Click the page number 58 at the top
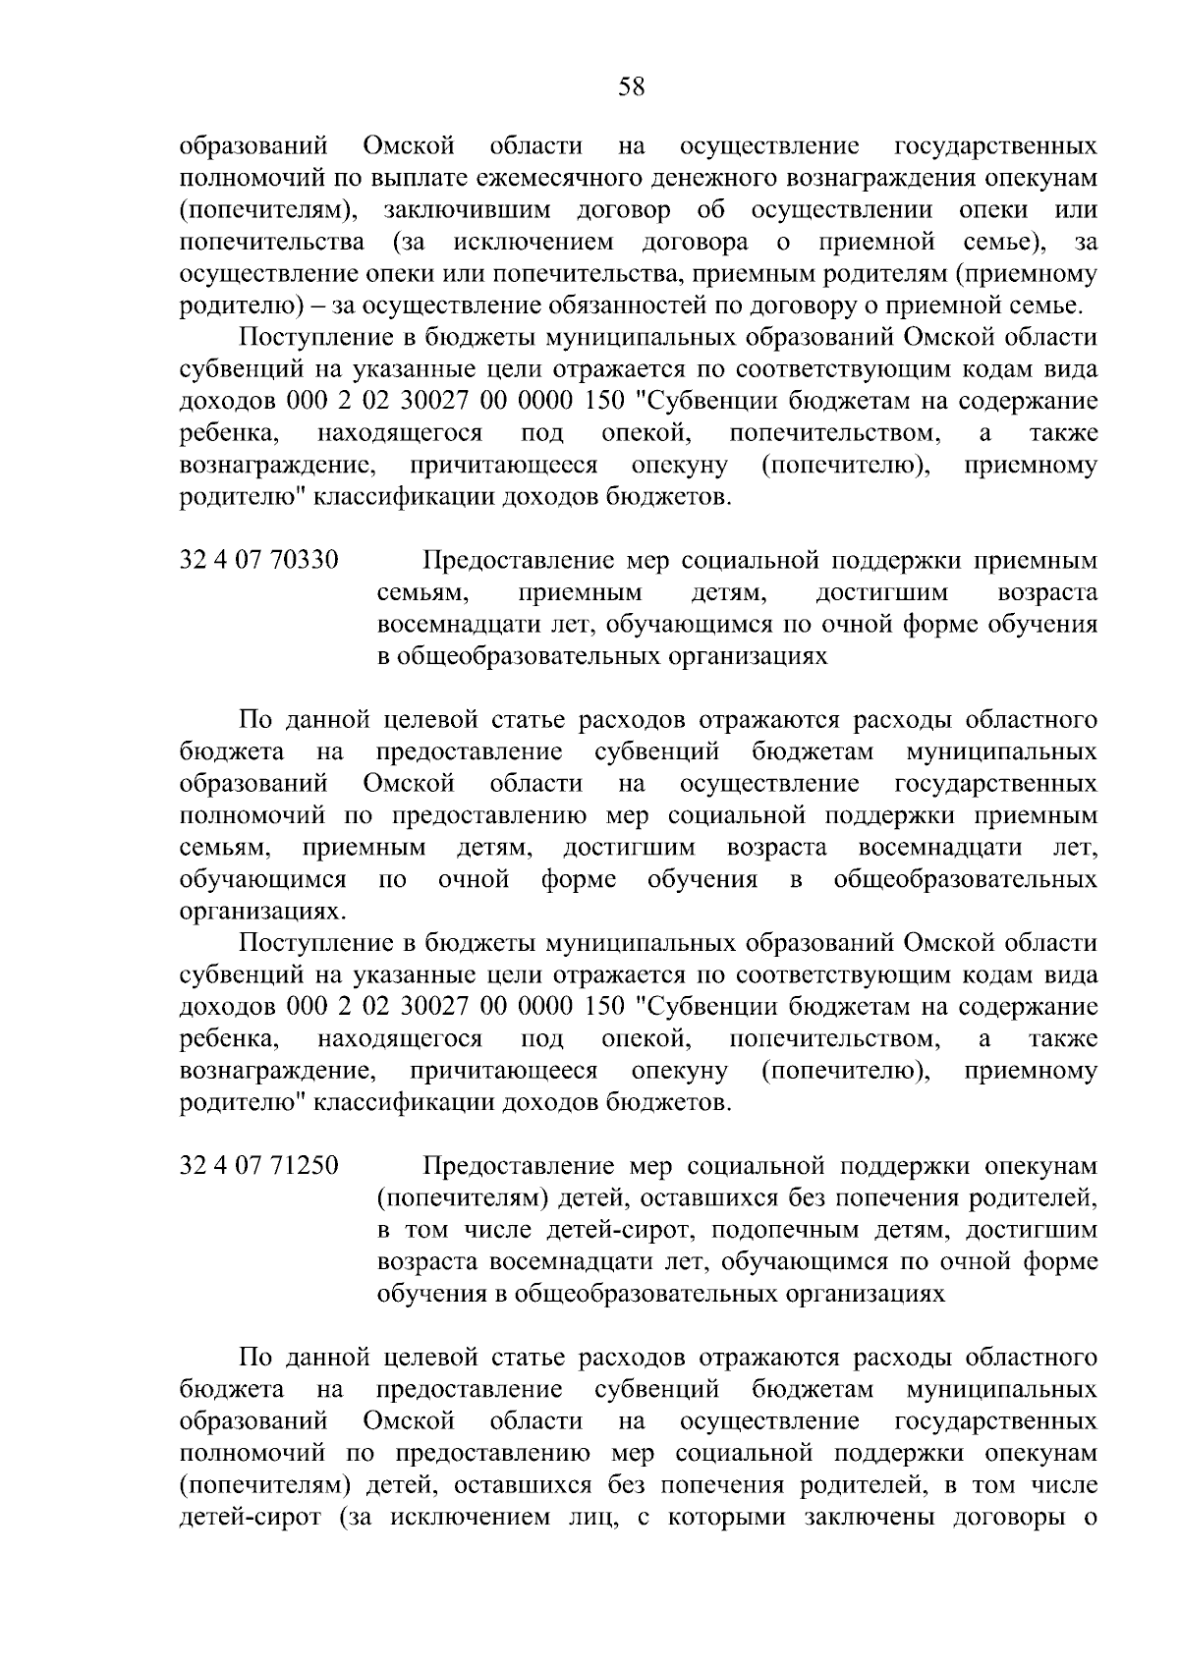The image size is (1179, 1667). [632, 87]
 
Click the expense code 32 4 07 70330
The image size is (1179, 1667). [259, 561]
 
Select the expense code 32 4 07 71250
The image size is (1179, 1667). [259, 1166]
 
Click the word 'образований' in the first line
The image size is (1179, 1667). [254, 147]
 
